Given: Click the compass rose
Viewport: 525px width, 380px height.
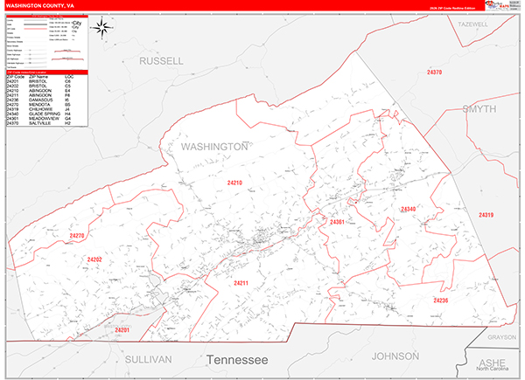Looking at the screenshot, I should coord(102,28).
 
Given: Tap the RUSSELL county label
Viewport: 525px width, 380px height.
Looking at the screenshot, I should coord(162,61).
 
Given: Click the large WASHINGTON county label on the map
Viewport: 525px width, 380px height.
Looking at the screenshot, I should coord(214,147).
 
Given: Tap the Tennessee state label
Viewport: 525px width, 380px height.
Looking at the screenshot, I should coord(236,359).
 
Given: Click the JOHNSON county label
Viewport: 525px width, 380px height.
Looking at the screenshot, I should coord(396,356).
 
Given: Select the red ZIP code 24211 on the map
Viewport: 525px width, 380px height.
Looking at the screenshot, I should coord(241,283).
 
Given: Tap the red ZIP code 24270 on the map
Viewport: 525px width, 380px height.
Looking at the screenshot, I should coord(77,236).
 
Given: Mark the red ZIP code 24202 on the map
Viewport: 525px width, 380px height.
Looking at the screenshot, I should coord(95,259).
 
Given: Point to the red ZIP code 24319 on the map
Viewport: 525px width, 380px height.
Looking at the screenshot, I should coord(486,215).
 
